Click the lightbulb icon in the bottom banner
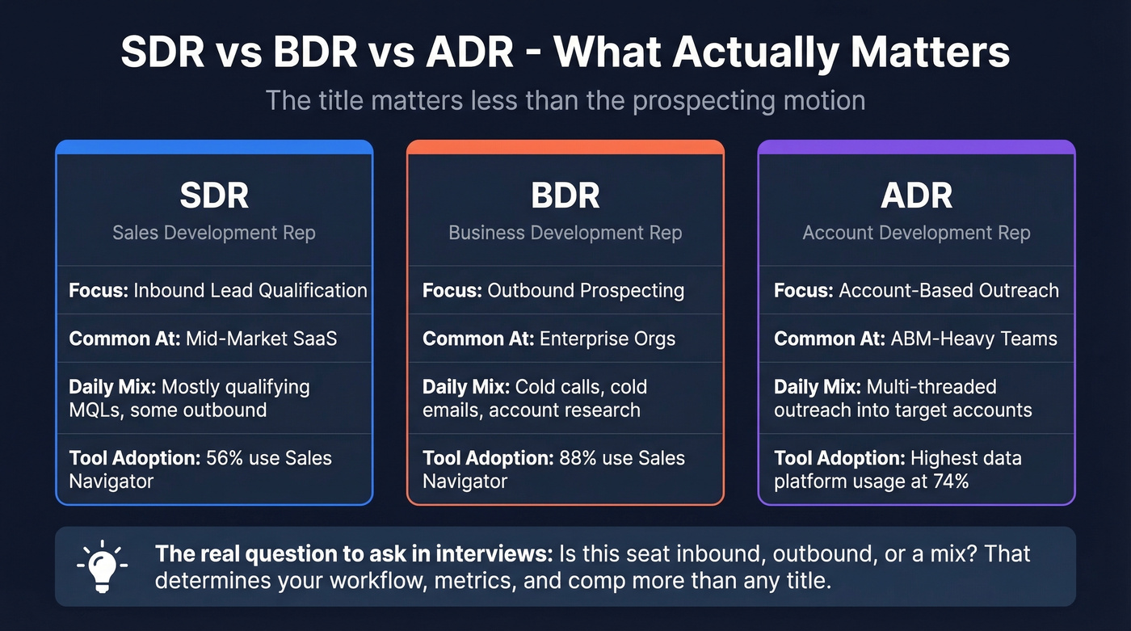click(103, 566)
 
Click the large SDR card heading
click(214, 196)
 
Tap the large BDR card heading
click(565, 196)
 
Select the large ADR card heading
click(916, 196)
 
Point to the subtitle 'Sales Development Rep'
click(214, 233)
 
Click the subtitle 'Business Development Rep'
click(565, 233)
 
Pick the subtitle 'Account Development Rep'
click(916, 233)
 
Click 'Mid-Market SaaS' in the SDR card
click(261, 339)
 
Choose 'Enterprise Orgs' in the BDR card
click(607, 339)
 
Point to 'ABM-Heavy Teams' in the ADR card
click(974, 339)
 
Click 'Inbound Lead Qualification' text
click(250, 290)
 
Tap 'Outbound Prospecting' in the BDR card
click(586, 290)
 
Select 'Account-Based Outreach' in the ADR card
click(948, 290)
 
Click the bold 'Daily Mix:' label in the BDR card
click(466, 386)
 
